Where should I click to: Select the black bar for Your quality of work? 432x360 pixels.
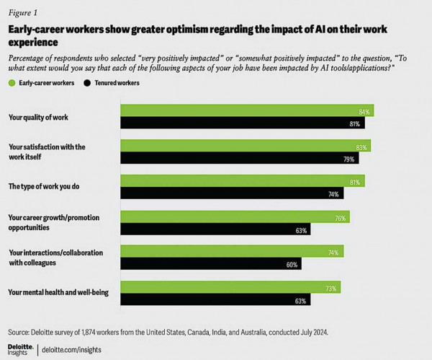242,123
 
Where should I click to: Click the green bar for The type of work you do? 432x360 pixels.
242,182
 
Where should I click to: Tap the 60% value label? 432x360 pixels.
291,265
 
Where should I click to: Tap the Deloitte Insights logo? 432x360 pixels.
20,349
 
